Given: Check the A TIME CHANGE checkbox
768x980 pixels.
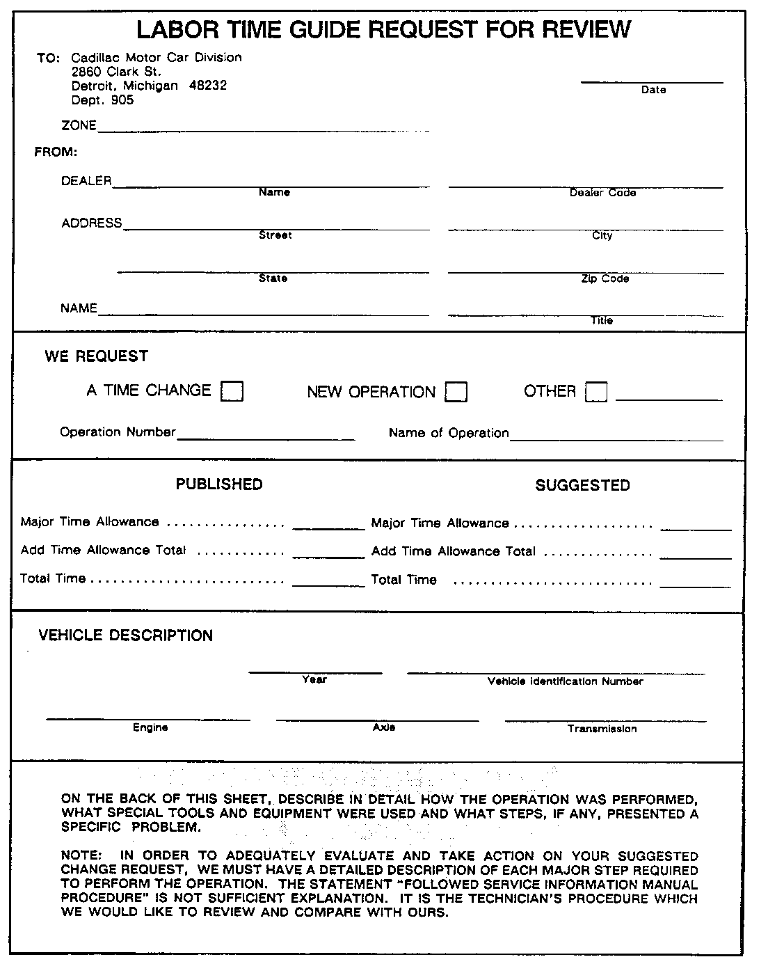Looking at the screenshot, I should pyautogui.click(x=232, y=392).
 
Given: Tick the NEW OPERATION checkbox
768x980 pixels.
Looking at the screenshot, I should pyautogui.click(x=456, y=393).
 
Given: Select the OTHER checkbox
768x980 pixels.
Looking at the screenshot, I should pyautogui.click(x=596, y=393).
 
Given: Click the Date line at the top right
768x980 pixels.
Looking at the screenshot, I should pyautogui.click(x=652, y=82).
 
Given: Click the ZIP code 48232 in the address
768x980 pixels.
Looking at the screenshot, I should pyautogui.click(x=208, y=86).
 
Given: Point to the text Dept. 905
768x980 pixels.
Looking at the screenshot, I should pyautogui.click(x=102, y=100).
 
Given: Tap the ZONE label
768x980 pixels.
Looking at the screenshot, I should pyautogui.click(x=79, y=126).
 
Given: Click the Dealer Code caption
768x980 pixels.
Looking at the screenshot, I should pyautogui.click(x=602, y=193).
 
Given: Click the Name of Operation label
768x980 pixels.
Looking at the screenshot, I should pyautogui.click(x=449, y=433).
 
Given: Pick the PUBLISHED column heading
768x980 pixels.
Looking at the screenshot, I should pyautogui.click(x=219, y=484).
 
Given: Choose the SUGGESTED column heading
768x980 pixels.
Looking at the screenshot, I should pyautogui.click(x=582, y=486).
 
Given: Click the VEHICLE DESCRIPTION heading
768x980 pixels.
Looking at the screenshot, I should pyautogui.click(x=126, y=635).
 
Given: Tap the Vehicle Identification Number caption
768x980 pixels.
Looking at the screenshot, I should pyautogui.click(x=565, y=681).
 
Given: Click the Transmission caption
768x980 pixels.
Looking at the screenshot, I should pyautogui.click(x=602, y=729).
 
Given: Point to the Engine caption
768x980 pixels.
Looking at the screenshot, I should pyautogui.click(x=150, y=727).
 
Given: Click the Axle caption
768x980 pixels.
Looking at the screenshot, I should pyautogui.click(x=384, y=727).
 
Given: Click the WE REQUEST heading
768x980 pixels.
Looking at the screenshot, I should pyautogui.click(x=97, y=356).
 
